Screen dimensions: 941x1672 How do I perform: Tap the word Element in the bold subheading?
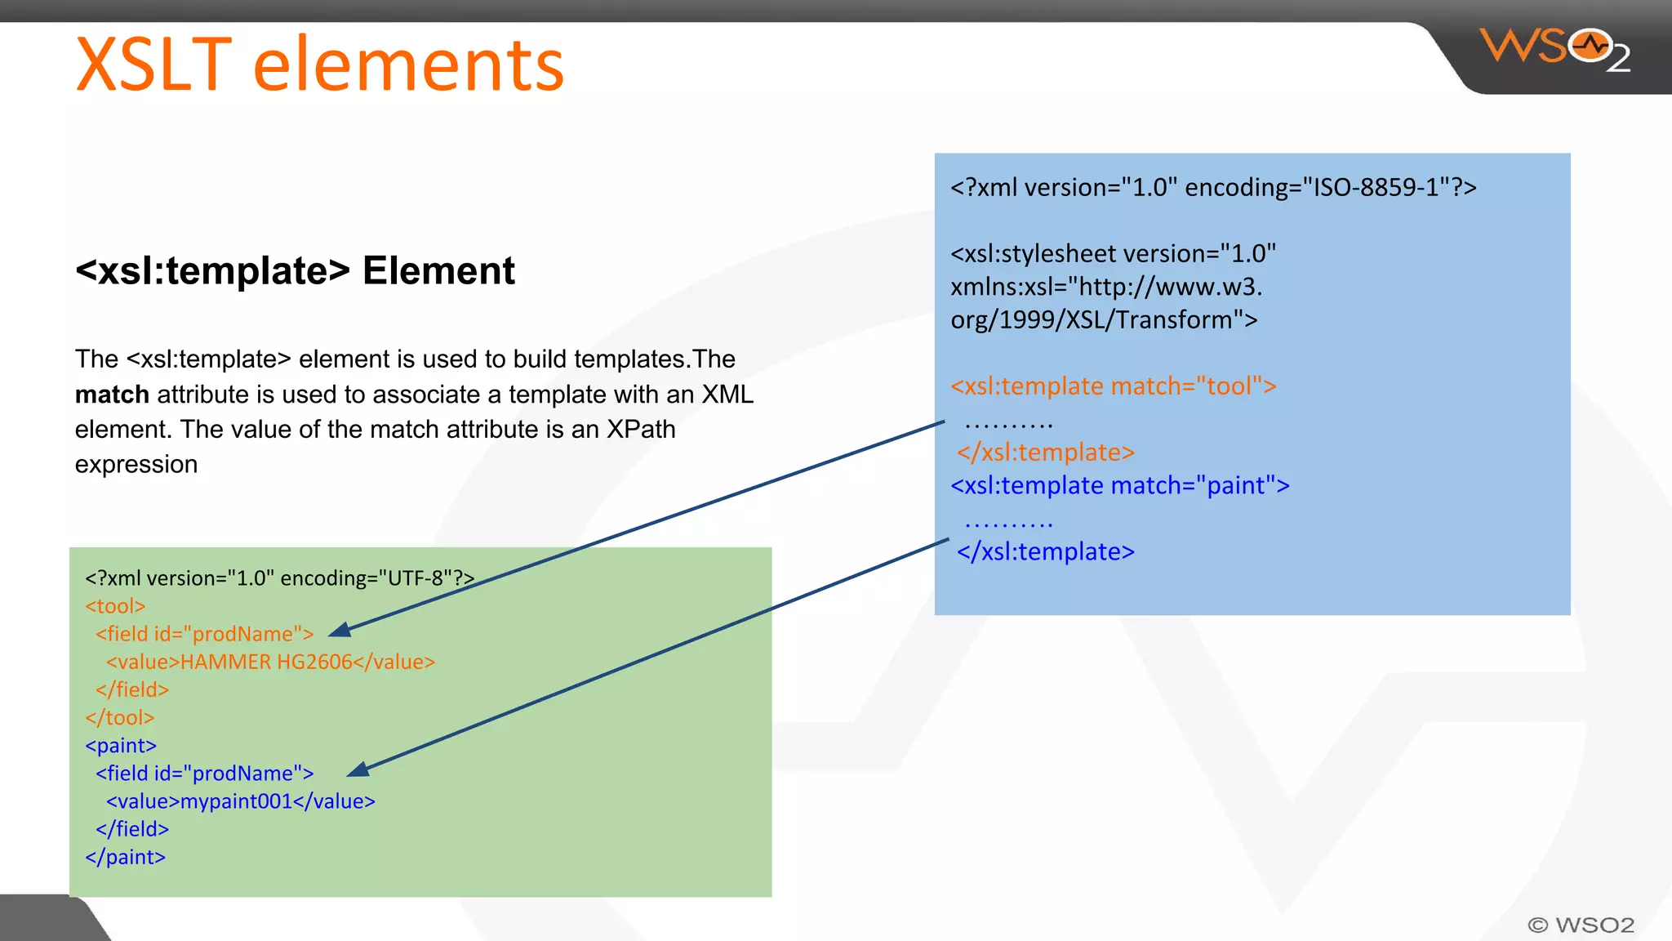pos(438,270)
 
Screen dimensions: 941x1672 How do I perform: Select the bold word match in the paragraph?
pos(112,395)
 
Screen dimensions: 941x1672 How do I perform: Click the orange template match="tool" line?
pos(1113,386)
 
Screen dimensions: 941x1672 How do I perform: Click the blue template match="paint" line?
pos(1119,485)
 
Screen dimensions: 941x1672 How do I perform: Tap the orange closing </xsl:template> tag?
pos(1046,452)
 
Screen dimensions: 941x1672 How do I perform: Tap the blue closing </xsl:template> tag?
pos(1046,551)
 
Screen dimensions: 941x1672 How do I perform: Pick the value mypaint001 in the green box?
pos(236,801)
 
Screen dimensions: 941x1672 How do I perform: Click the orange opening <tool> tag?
pos(115,606)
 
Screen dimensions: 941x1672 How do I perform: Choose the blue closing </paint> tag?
pos(125,857)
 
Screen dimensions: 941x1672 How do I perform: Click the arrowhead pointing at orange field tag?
pos(340,630)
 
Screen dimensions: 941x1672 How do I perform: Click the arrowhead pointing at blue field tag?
pos(358,769)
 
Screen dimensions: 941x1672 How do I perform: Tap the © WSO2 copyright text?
pos(1581,925)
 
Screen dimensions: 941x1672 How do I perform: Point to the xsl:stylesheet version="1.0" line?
pos(1113,254)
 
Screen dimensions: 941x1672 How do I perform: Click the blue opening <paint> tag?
pos(121,746)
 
